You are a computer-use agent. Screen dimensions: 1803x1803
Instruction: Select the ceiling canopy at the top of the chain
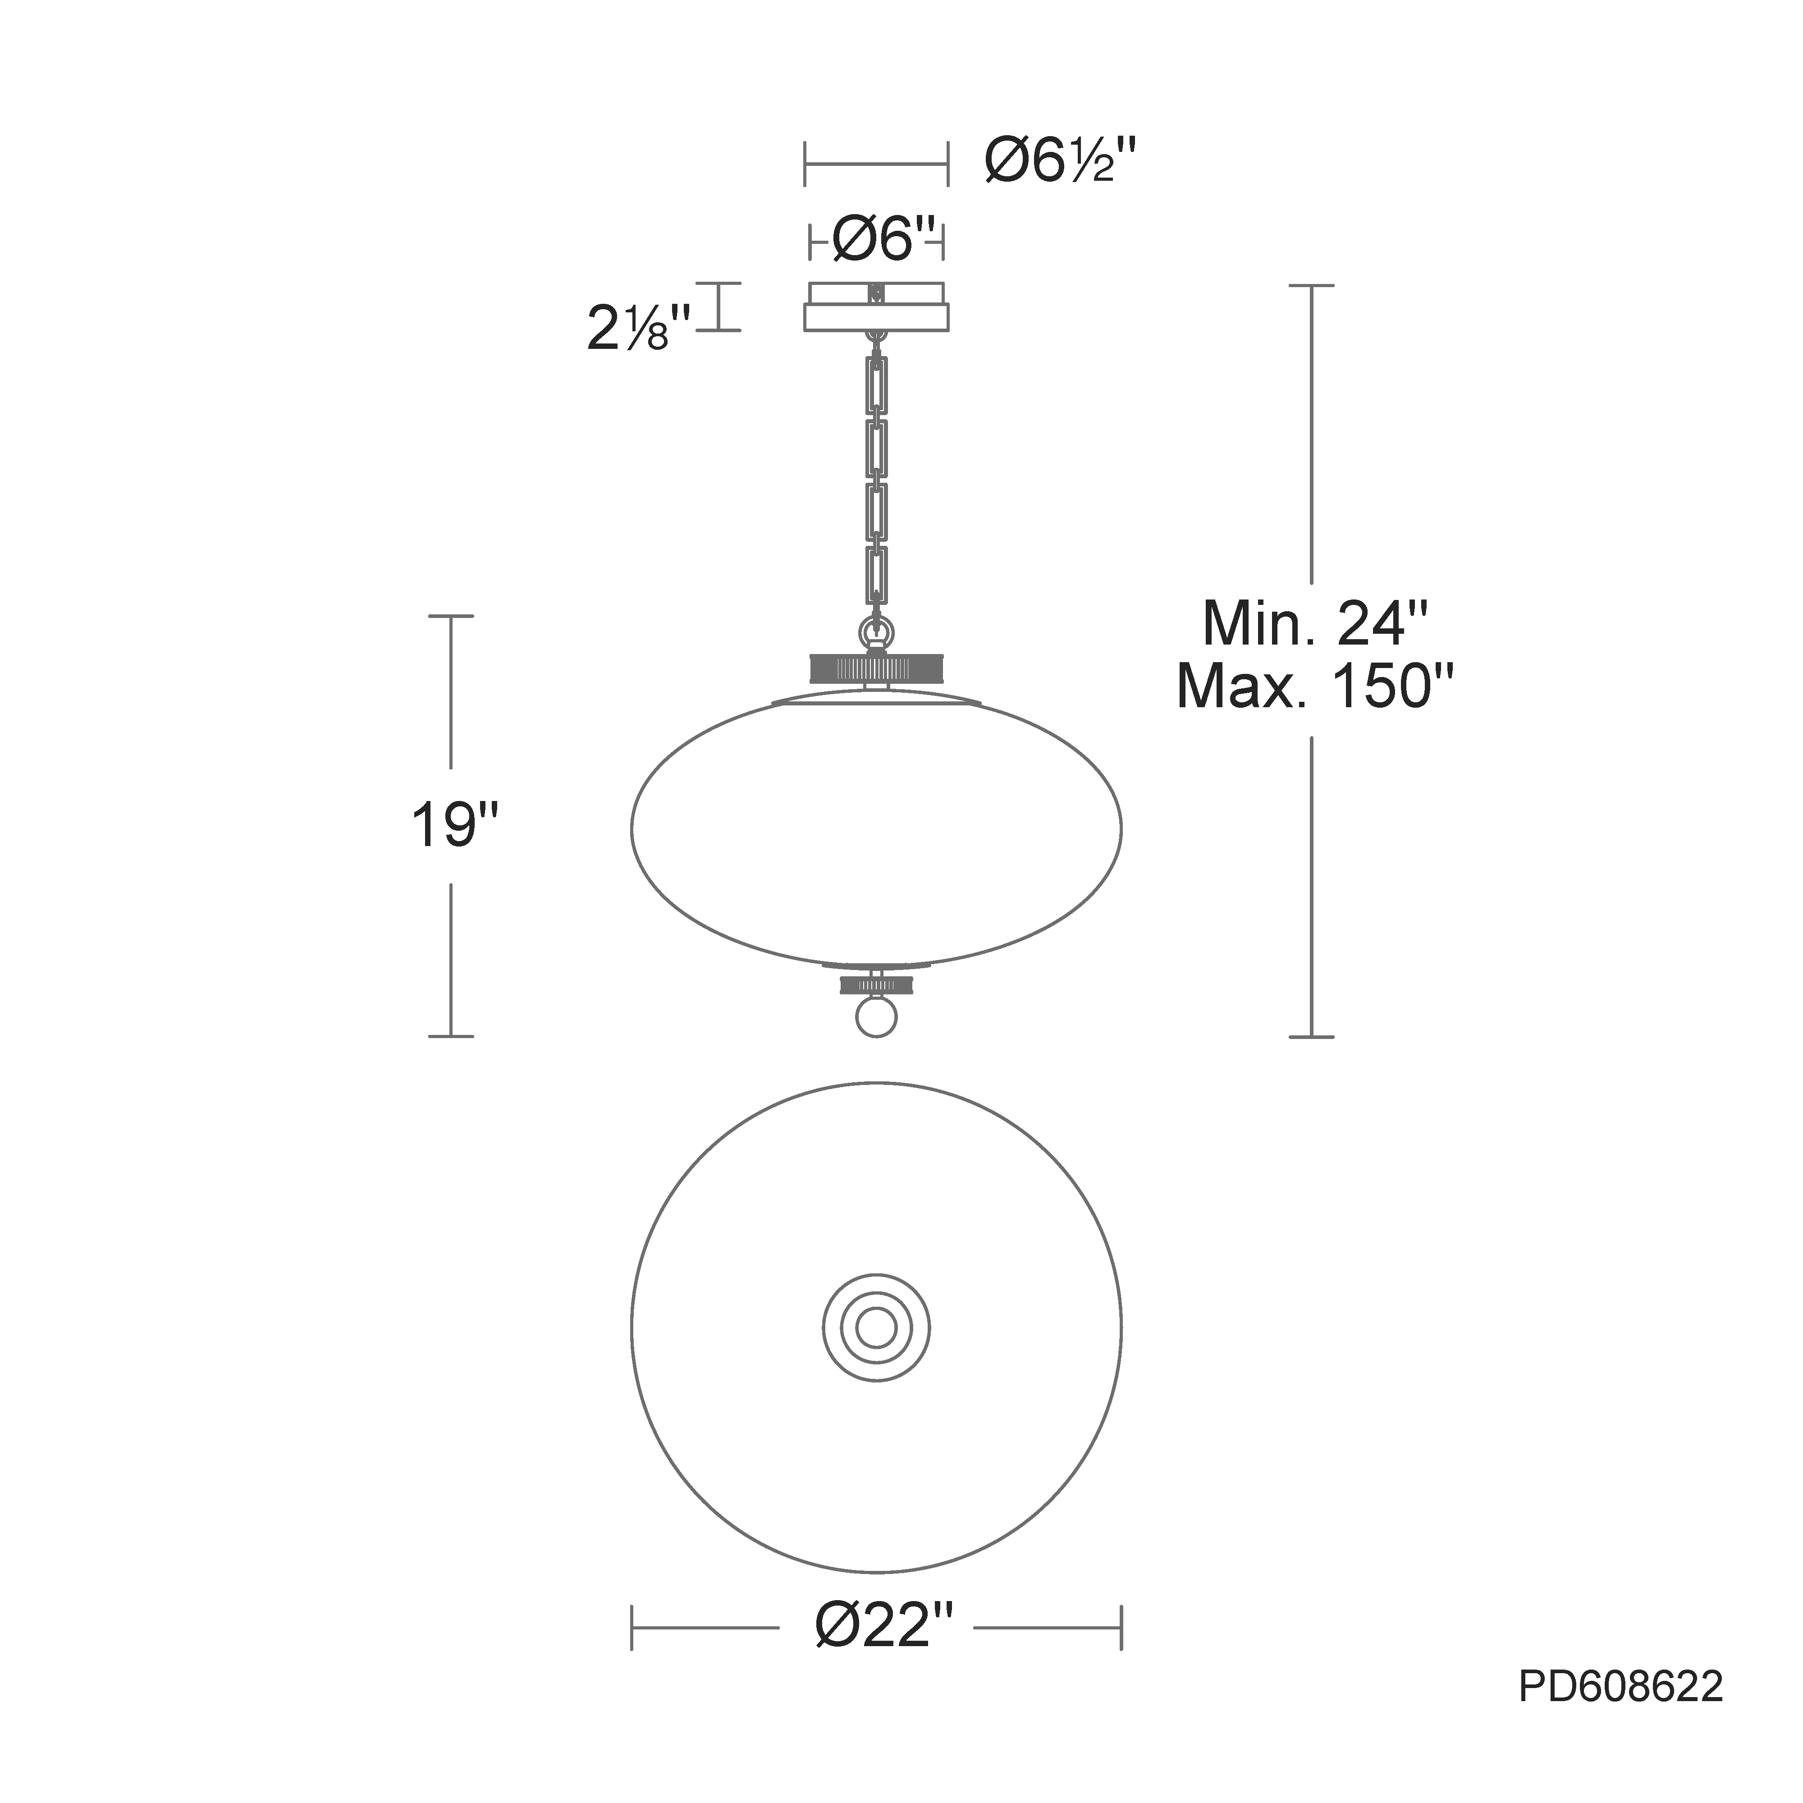876,306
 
